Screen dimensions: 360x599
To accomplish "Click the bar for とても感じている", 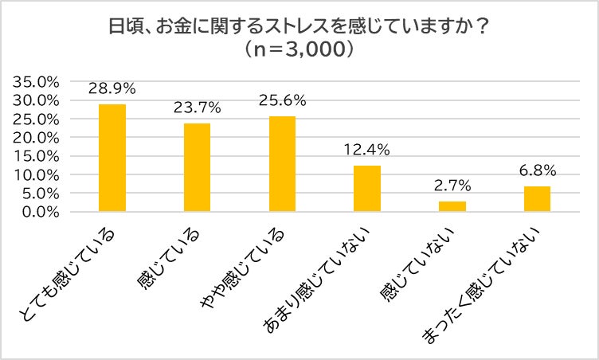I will pos(112,158).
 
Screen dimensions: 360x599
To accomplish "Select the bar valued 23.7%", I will pos(197,167).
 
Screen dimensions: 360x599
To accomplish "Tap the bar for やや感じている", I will pos(282,163).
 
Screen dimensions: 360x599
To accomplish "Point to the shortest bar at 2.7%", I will pos(452,206).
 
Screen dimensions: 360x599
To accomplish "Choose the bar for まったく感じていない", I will pos(538,198).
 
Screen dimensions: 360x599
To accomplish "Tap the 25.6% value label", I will pos(282,100).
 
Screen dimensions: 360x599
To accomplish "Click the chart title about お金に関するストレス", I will pos(299,26).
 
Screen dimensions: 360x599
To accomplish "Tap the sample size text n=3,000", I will pos(299,49).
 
